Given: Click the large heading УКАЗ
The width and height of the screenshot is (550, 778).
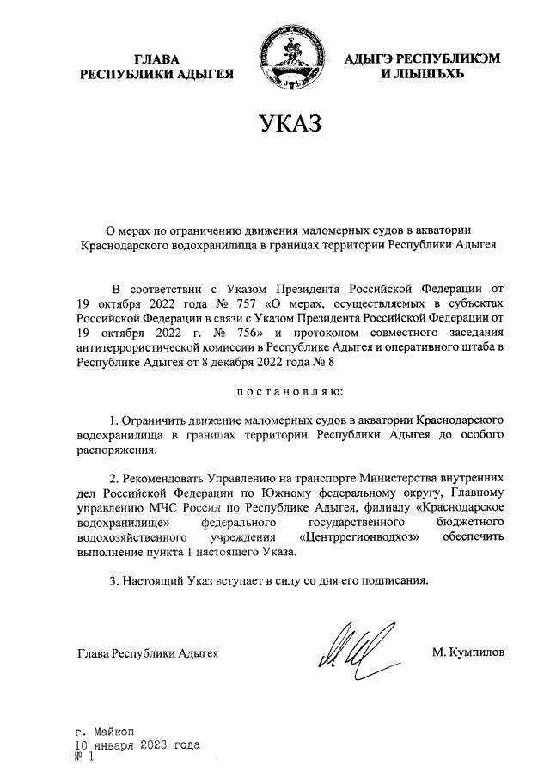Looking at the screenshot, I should tap(289, 125).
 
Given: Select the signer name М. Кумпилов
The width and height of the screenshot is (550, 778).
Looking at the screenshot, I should tap(469, 652).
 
